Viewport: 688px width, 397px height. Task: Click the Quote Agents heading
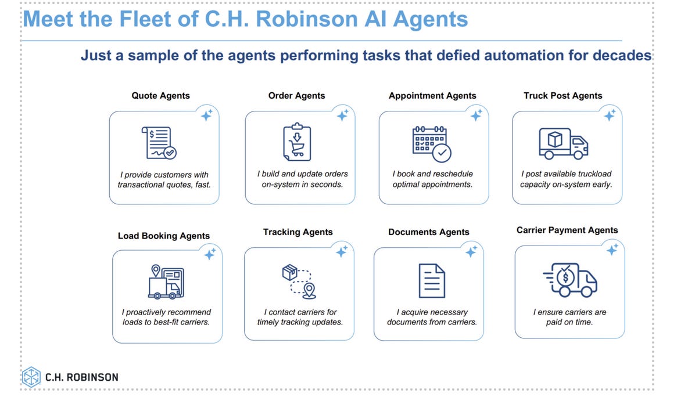tap(160, 96)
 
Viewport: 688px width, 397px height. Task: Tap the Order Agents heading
tap(296, 96)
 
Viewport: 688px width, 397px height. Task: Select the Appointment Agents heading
tap(432, 96)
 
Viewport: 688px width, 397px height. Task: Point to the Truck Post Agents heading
tap(562, 96)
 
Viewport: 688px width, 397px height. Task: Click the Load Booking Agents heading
tap(164, 236)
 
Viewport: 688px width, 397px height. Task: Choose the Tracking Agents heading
tap(298, 232)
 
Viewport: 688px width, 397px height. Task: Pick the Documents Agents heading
tap(429, 232)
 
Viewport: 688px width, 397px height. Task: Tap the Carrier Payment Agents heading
tap(567, 230)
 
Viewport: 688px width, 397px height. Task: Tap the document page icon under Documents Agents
tap(432, 280)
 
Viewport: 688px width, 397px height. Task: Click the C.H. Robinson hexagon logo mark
tap(31, 377)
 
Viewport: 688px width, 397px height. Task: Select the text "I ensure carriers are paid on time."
tap(569, 317)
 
